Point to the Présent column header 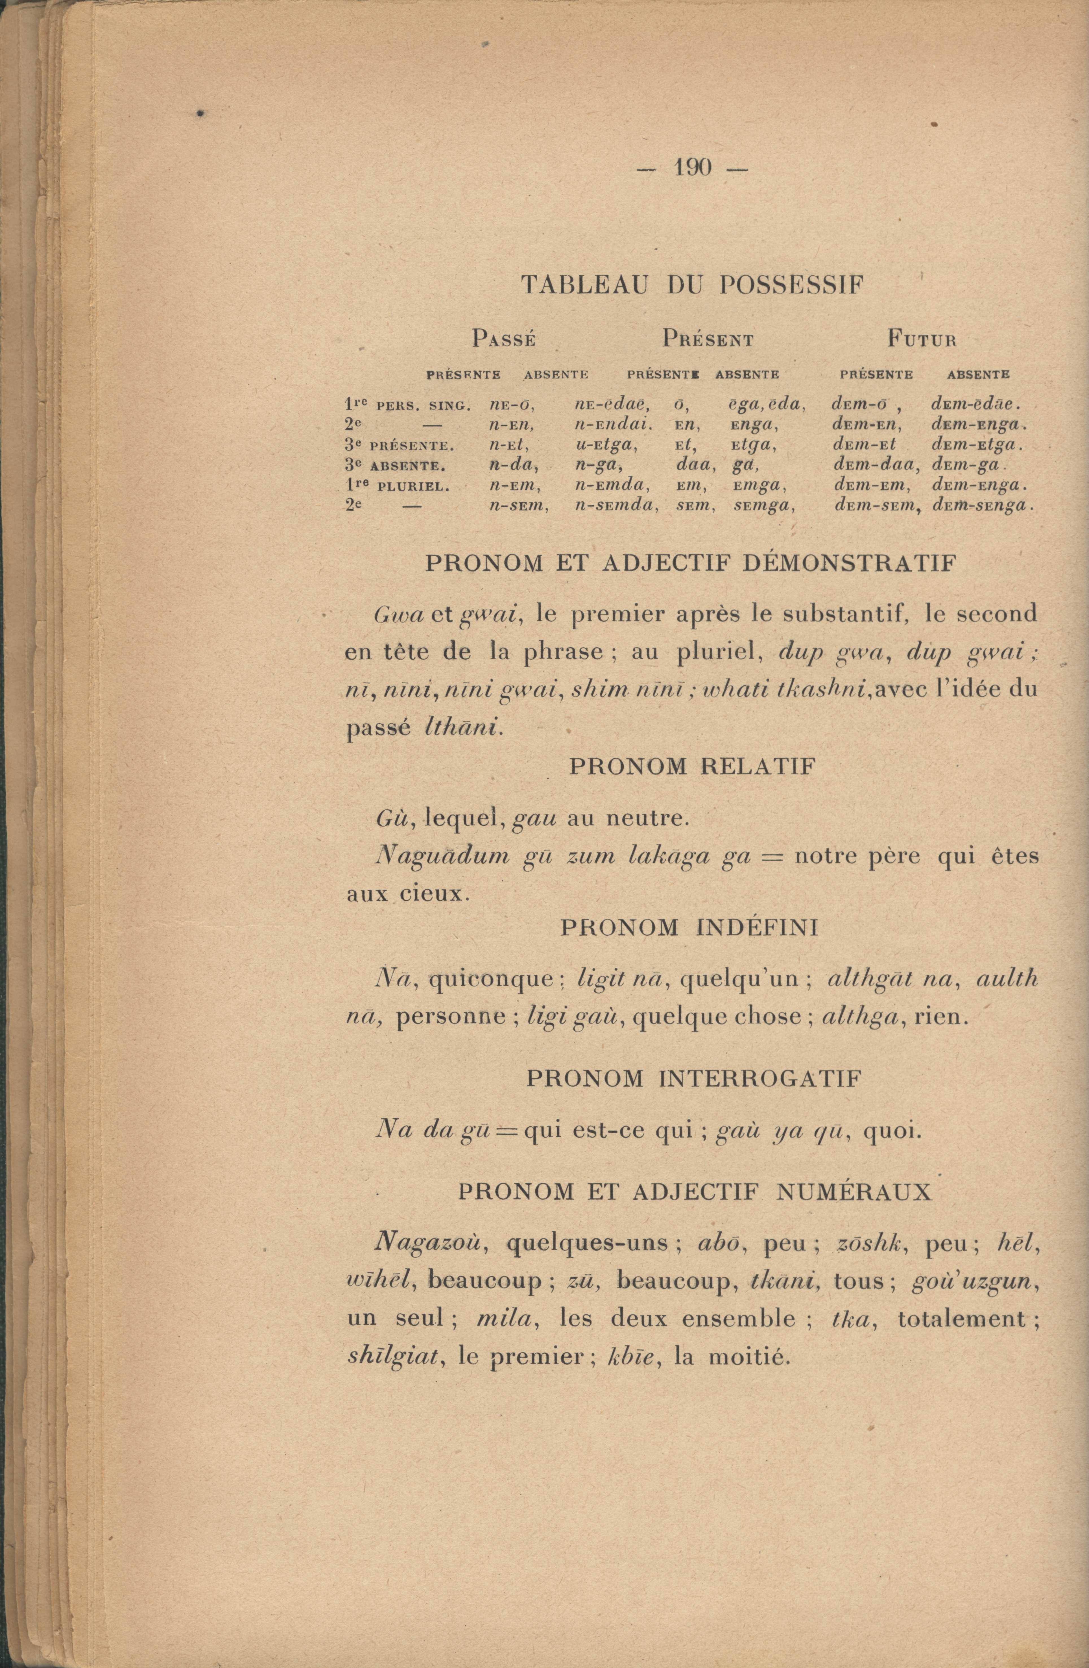pyautogui.click(x=708, y=340)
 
